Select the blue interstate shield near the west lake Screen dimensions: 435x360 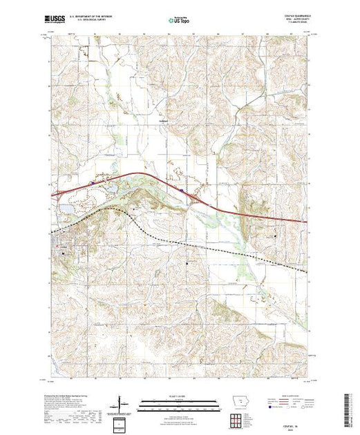(x=93, y=183)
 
